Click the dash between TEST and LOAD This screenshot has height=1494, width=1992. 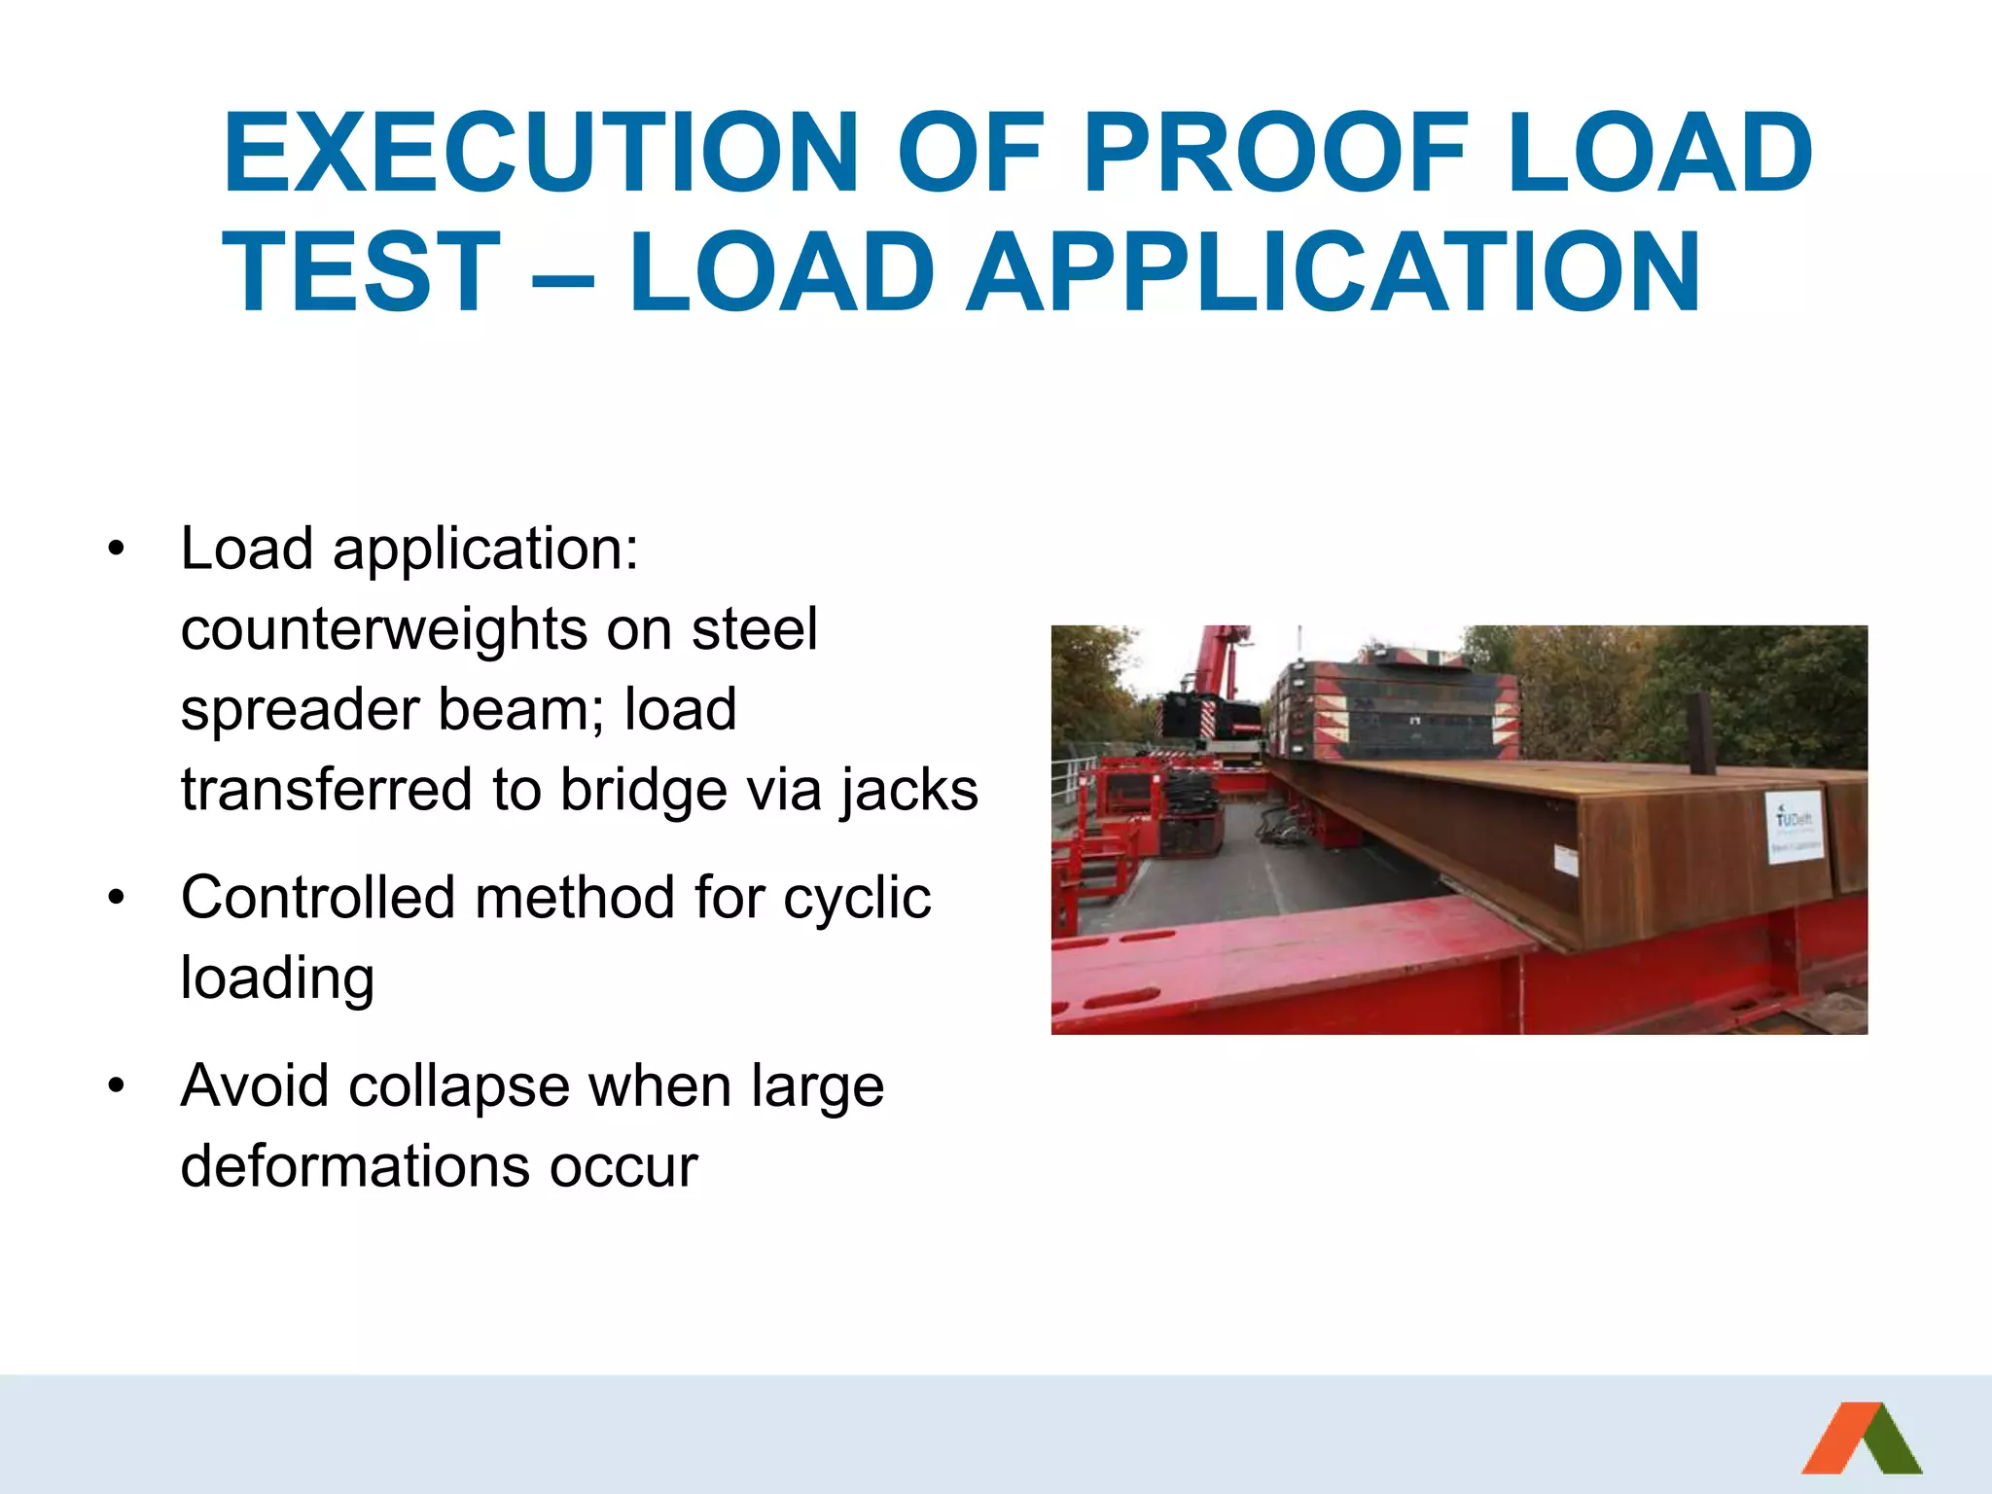click(x=563, y=276)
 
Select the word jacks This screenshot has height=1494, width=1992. click(x=910, y=790)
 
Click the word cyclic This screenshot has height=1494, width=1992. click(x=857, y=899)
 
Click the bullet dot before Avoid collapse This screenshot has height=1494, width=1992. click(x=117, y=1086)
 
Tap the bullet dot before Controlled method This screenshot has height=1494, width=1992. click(x=117, y=898)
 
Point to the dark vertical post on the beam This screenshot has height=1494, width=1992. click(x=1700, y=733)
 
